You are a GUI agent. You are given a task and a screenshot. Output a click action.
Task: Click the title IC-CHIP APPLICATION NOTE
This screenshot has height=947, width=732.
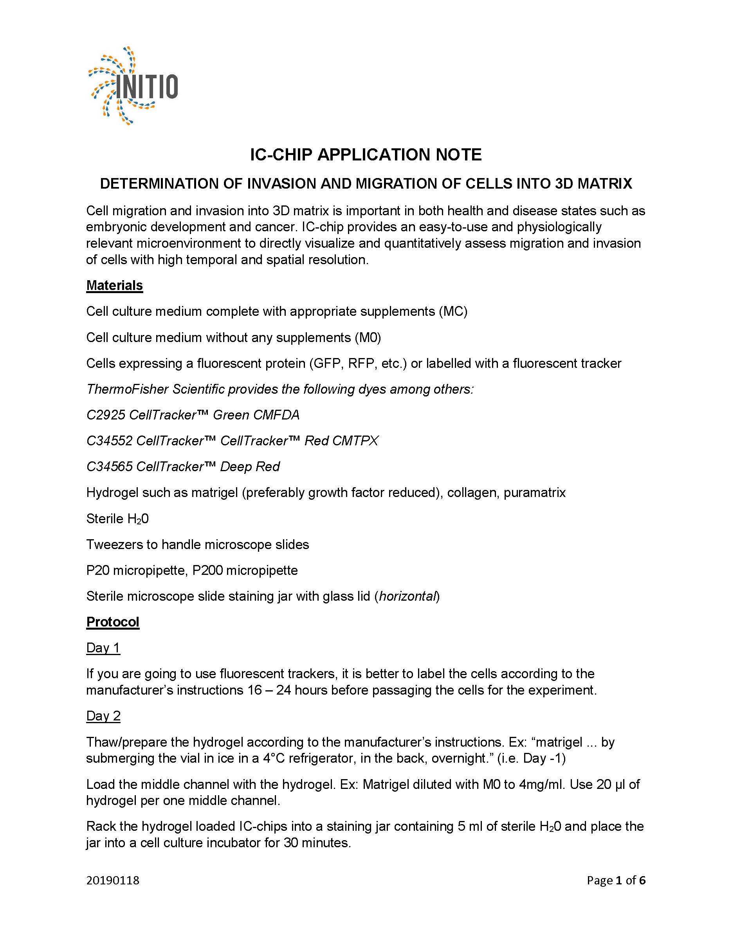click(x=366, y=155)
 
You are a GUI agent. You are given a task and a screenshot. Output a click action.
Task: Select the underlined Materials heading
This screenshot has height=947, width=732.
click(x=114, y=285)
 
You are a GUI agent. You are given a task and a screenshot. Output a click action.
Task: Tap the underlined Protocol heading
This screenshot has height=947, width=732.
click(x=113, y=622)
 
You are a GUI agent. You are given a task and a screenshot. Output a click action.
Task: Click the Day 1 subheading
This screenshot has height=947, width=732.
click(x=103, y=648)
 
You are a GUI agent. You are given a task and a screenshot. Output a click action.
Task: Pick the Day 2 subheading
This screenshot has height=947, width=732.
click(x=103, y=716)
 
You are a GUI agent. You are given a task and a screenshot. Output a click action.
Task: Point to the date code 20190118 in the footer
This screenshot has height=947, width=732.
click(x=113, y=880)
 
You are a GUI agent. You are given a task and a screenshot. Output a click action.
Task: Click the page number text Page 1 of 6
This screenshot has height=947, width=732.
click(x=616, y=880)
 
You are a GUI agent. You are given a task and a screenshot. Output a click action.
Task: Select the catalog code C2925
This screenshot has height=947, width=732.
click(x=105, y=415)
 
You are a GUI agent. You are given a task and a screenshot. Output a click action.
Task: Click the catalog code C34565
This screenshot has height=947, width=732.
click(x=109, y=466)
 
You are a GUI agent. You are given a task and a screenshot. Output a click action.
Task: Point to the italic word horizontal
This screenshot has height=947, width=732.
click(x=407, y=596)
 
